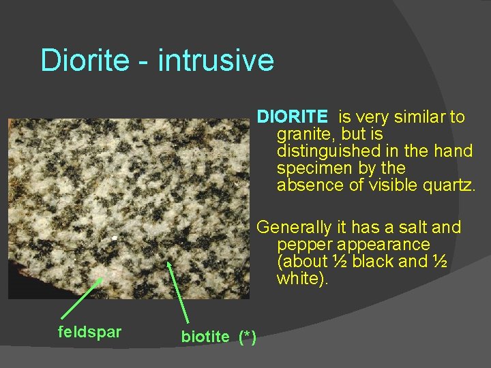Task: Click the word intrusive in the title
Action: [x=217, y=61]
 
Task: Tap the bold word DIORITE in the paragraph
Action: [x=292, y=117]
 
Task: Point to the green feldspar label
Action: [x=89, y=333]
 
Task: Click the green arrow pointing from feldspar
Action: [x=81, y=297]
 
